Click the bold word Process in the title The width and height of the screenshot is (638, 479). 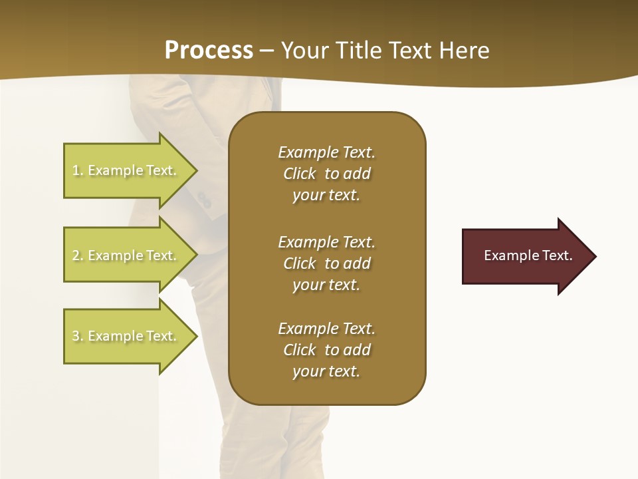coord(209,50)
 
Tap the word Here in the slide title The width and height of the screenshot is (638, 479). coord(463,50)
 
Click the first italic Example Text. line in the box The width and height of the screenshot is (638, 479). coord(326,152)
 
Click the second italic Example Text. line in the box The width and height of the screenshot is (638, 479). coord(326,241)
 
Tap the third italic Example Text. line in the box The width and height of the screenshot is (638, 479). coord(326,329)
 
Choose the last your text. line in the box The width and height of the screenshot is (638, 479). coord(326,371)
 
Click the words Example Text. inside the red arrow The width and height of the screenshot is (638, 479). coord(528,255)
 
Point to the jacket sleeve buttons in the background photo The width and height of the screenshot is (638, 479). coord(203,198)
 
